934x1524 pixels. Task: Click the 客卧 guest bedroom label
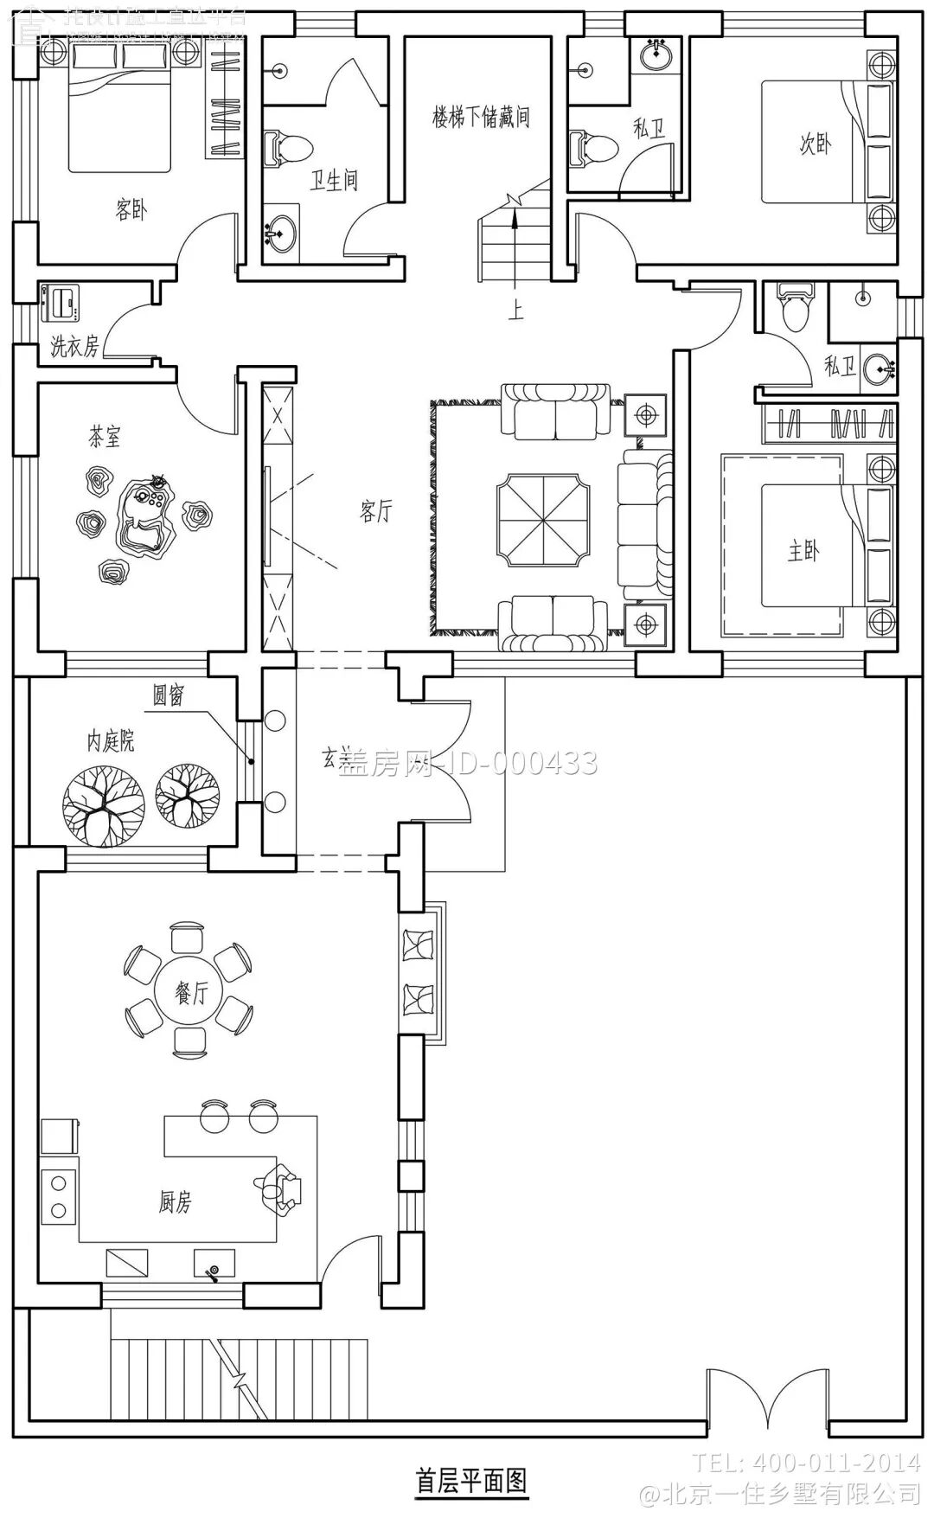(x=131, y=209)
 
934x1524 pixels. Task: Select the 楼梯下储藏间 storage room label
(x=481, y=117)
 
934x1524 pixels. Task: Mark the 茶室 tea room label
(x=105, y=437)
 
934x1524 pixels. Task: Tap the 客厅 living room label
(x=375, y=511)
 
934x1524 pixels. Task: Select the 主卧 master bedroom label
(x=803, y=551)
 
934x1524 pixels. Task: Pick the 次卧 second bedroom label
(x=816, y=144)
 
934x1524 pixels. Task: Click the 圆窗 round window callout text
(x=169, y=695)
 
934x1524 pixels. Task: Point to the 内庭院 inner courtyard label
(x=111, y=741)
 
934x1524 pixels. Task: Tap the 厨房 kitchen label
(x=175, y=1201)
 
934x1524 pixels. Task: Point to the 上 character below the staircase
(x=515, y=309)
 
